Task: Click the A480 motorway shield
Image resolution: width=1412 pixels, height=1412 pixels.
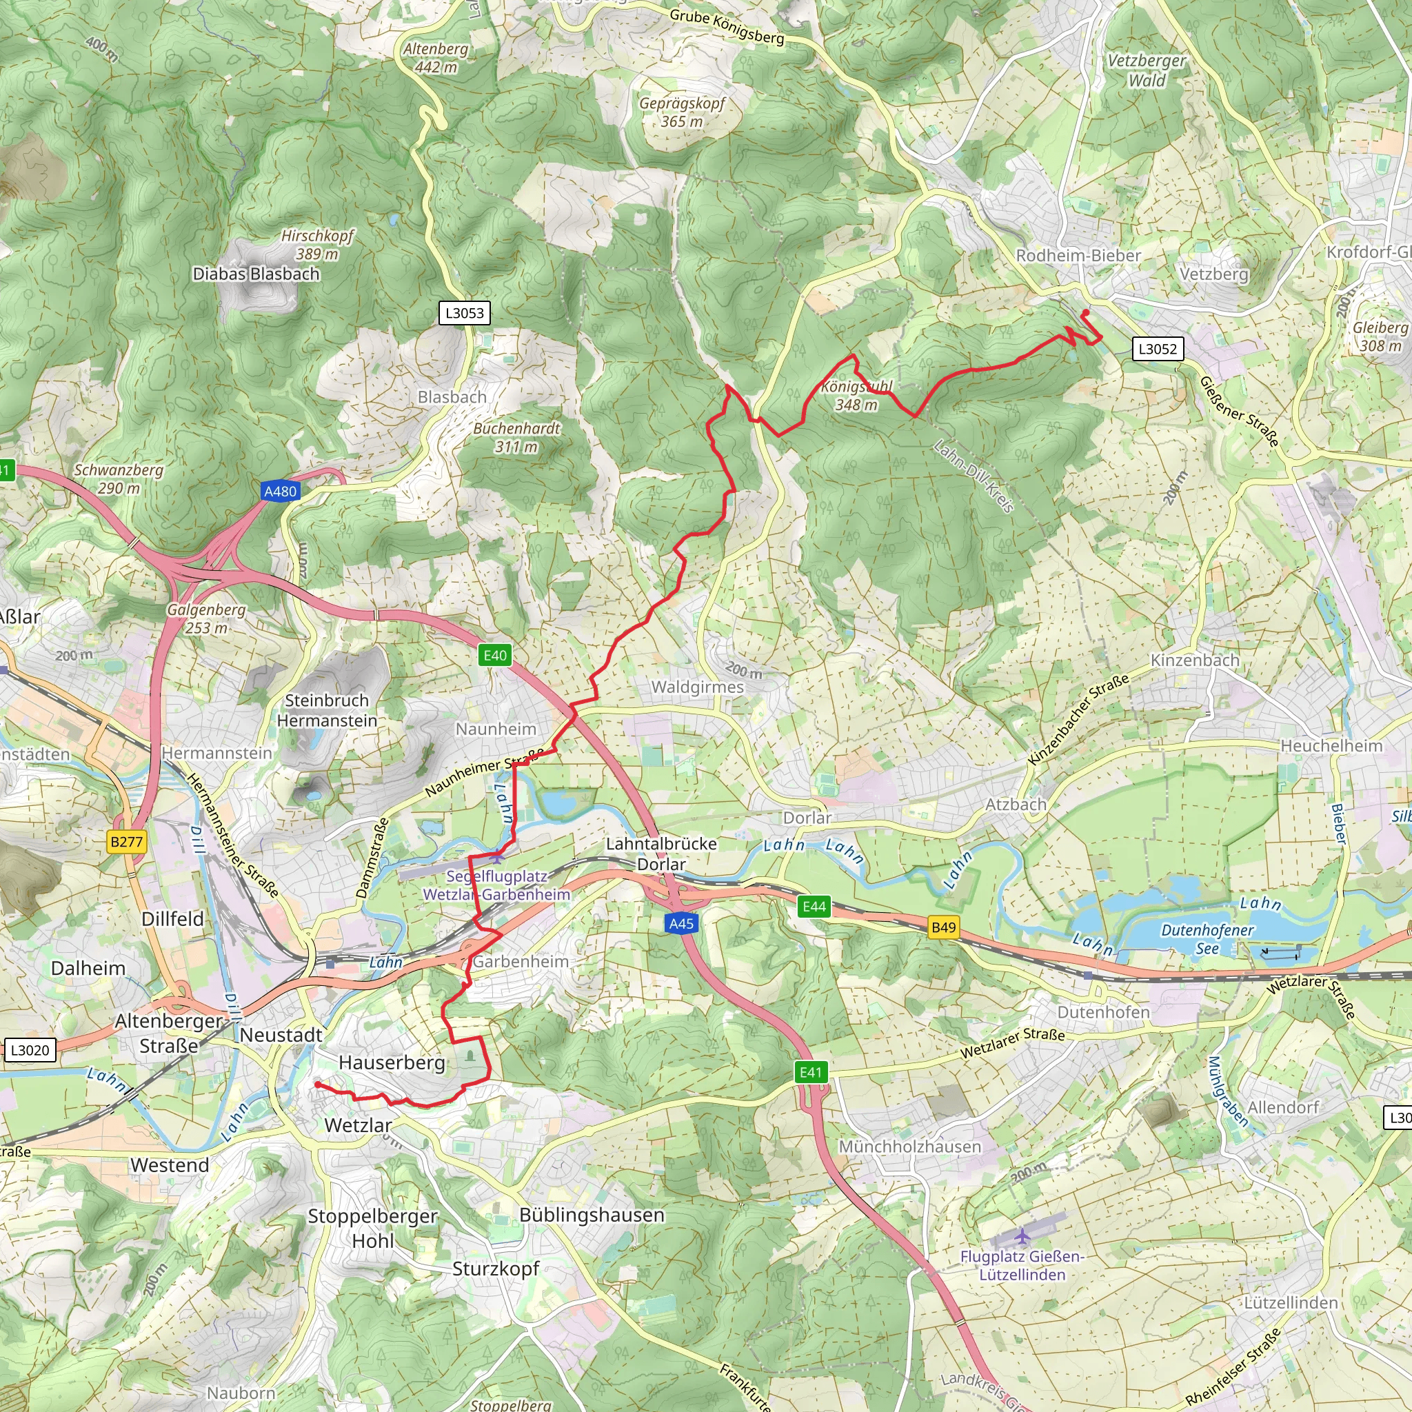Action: pos(281,491)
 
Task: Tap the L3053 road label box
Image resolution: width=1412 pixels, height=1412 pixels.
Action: pos(465,313)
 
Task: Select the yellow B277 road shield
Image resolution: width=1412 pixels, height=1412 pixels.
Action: pos(126,841)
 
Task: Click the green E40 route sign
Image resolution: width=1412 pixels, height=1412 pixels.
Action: pos(495,655)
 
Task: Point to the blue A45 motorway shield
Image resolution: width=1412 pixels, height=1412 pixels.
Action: pos(681,923)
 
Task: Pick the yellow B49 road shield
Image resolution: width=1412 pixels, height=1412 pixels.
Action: pos(942,927)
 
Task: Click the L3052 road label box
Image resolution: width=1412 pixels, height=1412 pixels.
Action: pos(1158,349)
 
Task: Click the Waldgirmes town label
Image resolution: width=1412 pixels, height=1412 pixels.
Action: pos(697,687)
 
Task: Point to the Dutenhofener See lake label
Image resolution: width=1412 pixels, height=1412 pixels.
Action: pos(1207,939)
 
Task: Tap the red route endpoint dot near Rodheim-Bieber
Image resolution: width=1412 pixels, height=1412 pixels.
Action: pos(1085,314)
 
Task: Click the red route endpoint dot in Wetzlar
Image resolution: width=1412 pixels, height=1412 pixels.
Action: pos(317,1085)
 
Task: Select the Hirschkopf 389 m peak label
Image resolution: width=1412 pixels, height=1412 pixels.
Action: pos(317,245)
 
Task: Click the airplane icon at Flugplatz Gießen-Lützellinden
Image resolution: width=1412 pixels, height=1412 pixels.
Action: pos(1022,1237)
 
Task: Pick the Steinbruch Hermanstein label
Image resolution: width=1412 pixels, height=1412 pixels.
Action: pos(327,710)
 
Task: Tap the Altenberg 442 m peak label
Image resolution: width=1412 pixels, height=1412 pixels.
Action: pos(436,58)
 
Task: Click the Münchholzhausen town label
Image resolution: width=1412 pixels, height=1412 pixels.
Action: pos(909,1146)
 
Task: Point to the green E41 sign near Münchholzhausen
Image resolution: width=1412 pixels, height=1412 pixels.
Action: pos(811,1072)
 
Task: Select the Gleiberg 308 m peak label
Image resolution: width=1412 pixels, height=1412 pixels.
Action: pos(1380,336)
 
